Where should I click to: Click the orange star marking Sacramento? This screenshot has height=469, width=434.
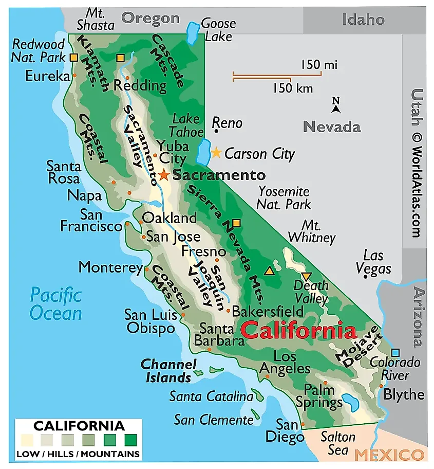point(164,175)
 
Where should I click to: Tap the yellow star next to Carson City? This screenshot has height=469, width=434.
point(216,153)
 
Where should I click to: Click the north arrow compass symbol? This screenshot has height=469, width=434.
point(336,105)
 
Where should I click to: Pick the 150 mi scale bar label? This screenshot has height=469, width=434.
point(319,65)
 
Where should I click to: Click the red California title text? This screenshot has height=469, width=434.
point(299,330)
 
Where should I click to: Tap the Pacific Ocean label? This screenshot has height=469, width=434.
point(55,304)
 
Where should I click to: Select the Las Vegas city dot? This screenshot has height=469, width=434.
point(365,277)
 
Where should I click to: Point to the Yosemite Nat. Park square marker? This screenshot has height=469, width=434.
point(236,223)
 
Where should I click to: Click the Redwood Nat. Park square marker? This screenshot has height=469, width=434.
point(74,58)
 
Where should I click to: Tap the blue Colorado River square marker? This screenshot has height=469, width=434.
point(395,353)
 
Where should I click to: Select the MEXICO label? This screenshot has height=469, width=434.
point(389,455)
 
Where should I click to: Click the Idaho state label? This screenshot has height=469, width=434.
point(363,20)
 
